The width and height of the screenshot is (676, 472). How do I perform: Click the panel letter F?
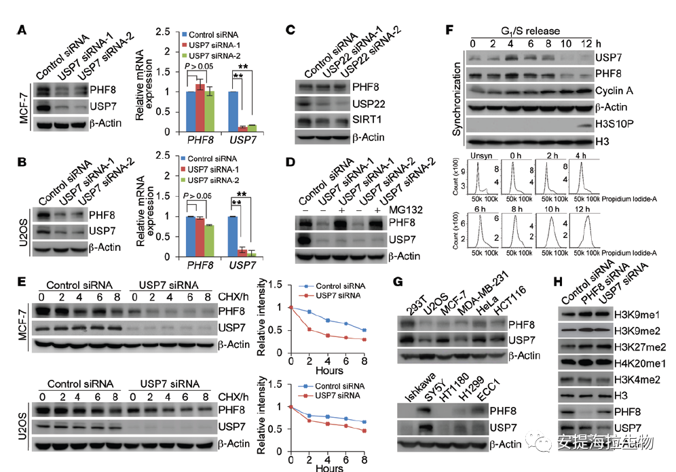point(448,31)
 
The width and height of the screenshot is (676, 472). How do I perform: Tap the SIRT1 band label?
point(367,119)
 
